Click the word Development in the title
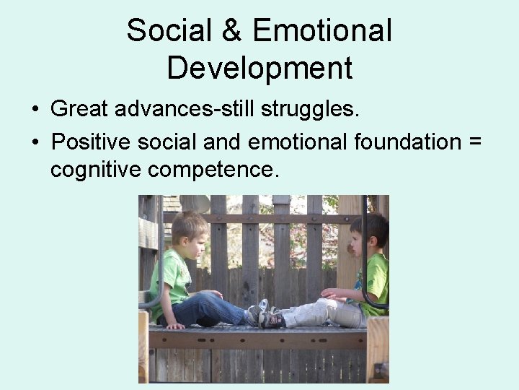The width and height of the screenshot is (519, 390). pyautogui.click(x=259, y=68)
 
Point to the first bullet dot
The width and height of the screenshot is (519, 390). pyautogui.click(x=35, y=110)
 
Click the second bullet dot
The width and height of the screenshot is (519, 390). pyautogui.click(x=35, y=142)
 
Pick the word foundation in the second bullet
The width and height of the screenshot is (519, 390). pyautogui.click(x=407, y=141)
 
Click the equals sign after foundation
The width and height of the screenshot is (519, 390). pyautogui.click(x=474, y=142)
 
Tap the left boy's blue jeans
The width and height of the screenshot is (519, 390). pyautogui.click(x=209, y=309)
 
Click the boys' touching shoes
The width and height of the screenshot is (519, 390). pyautogui.click(x=264, y=314)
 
